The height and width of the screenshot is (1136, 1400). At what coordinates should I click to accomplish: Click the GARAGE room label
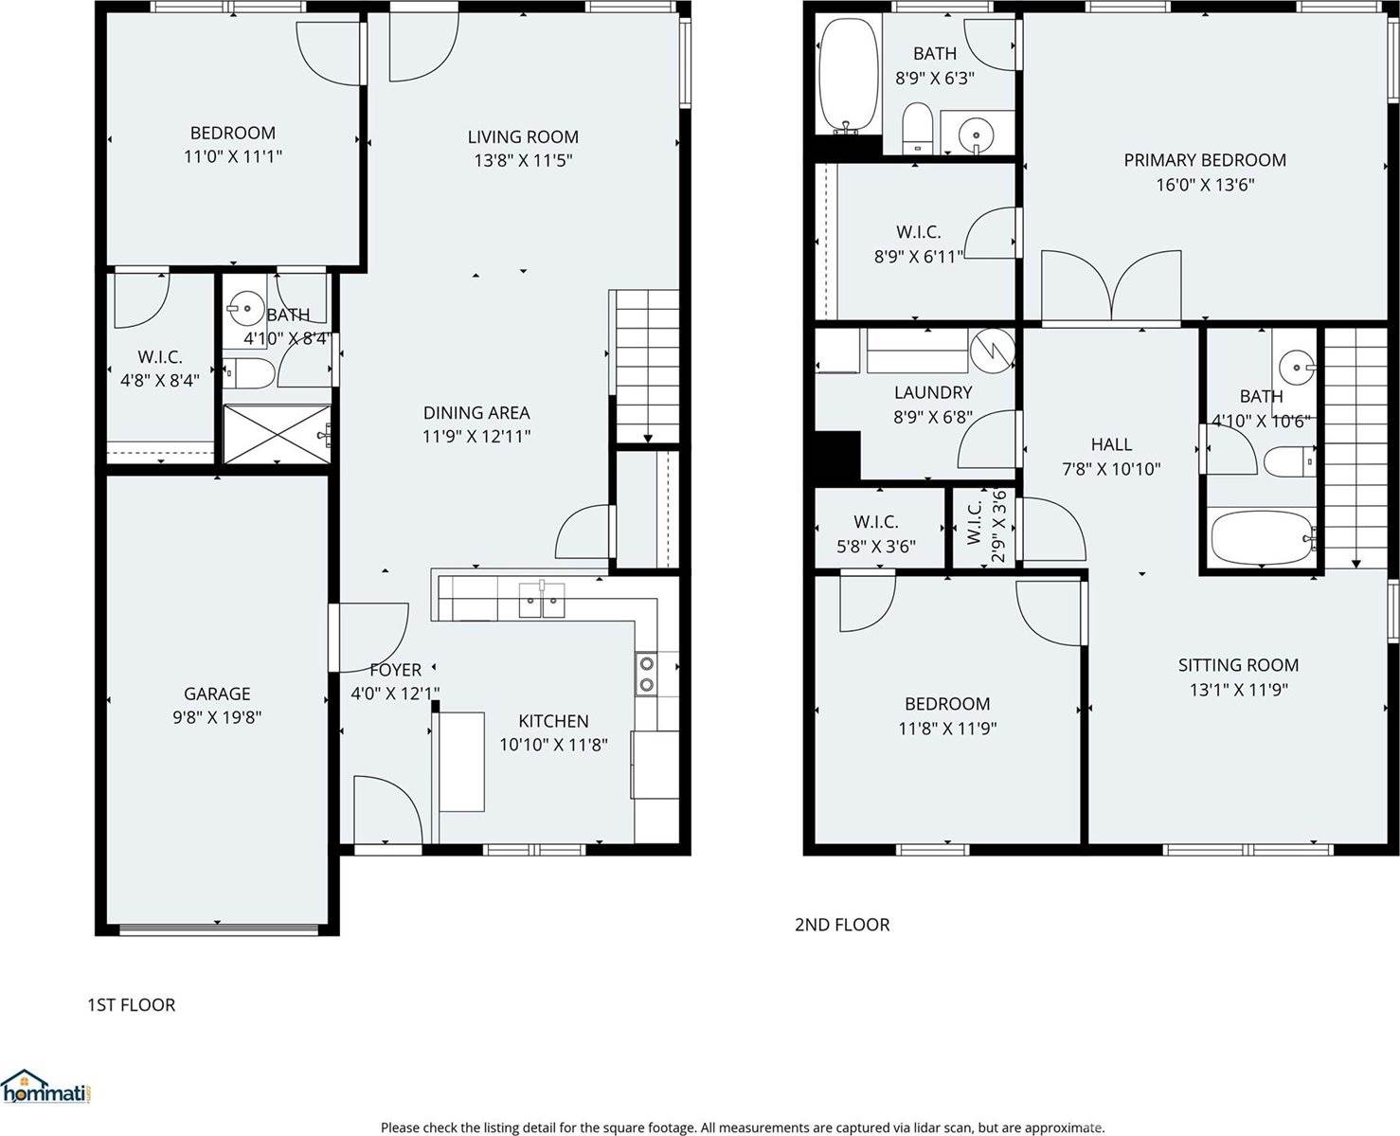(217, 694)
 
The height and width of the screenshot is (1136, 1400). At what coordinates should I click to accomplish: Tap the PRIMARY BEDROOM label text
(1204, 160)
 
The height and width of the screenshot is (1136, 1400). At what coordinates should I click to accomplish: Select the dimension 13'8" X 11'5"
(523, 161)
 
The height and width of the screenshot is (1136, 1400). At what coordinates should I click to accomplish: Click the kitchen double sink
(542, 600)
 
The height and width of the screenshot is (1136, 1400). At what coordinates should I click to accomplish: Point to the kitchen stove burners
(646, 674)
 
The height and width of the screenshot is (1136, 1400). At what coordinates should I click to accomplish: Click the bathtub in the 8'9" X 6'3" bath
(849, 76)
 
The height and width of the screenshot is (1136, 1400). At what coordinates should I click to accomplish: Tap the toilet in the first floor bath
(249, 373)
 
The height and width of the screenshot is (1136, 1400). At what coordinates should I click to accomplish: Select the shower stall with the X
(277, 434)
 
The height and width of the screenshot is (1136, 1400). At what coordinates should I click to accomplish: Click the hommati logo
(47, 1088)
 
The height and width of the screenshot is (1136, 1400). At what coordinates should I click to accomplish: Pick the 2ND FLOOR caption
(842, 925)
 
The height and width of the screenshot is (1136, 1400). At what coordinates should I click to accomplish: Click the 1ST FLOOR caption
(132, 1004)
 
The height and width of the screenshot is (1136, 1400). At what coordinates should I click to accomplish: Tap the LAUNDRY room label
(933, 392)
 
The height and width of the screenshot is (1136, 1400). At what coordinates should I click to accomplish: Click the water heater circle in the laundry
(993, 349)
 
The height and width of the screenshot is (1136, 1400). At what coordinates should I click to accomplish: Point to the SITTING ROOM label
(1238, 665)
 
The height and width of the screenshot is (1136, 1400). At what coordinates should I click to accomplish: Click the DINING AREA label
(476, 412)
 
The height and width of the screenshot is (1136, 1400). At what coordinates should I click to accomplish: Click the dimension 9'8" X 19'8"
(217, 718)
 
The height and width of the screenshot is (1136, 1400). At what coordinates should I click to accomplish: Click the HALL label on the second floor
(1111, 443)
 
